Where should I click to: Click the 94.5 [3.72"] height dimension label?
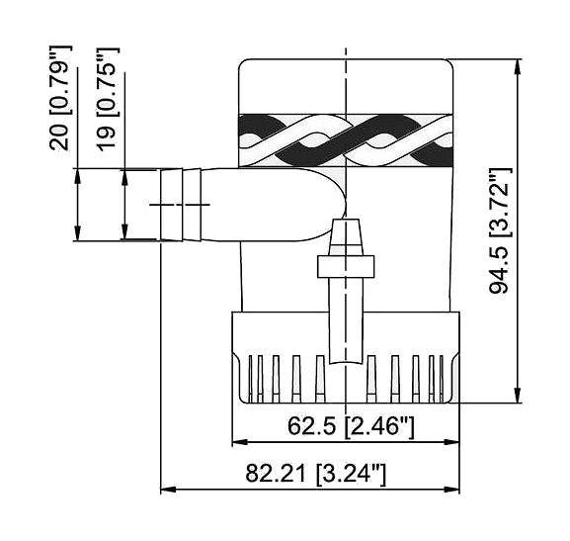500,230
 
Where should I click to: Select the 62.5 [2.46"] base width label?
351,426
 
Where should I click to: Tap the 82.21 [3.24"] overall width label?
315,474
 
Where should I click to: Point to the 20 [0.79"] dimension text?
60,98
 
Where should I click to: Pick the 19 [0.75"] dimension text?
108,99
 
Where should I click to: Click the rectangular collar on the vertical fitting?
346,266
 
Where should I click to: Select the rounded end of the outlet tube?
327,205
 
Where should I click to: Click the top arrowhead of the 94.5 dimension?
518,67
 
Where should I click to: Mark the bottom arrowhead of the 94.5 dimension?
518,395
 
